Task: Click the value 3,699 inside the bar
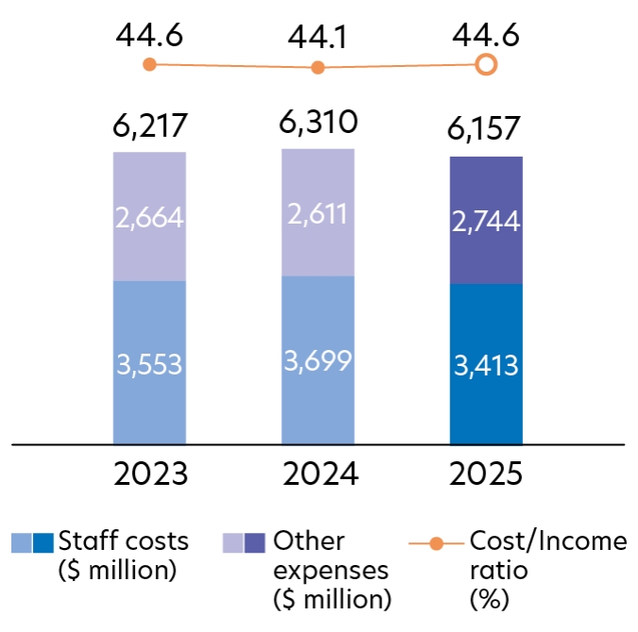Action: point(318,358)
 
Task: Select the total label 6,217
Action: point(149,125)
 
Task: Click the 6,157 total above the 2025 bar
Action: point(486,131)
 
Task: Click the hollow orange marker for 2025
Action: point(486,64)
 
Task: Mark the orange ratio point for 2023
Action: point(149,64)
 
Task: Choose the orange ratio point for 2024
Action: point(318,68)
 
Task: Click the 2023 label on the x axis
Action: point(149,471)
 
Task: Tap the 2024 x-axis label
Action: point(318,471)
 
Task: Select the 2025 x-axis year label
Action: point(486,471)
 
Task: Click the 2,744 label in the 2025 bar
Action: point(486,223)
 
